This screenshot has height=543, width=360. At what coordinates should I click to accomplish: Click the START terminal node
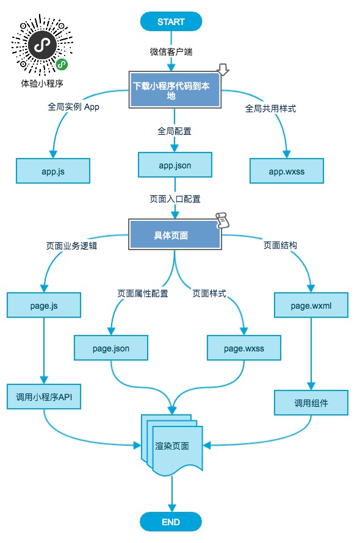click(x=171, y=22)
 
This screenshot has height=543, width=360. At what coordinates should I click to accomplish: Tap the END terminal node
click(x=171, y=522)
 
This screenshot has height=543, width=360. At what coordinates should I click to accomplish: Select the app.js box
click(x=53, y=171)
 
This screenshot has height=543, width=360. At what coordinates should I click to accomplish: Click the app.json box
click(x=175, y=165)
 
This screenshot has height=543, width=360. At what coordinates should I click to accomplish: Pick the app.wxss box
click(x=286, y=171)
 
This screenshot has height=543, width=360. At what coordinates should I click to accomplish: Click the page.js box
click(x=44, y=305)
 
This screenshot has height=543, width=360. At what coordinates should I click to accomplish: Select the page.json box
click(x=110, y=348)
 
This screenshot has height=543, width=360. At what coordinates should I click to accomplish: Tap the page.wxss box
click(x=243, y=348)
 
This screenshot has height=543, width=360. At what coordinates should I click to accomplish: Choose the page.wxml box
click(x=311, y=305)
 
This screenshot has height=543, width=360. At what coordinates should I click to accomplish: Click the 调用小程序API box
click(x=44, y=397)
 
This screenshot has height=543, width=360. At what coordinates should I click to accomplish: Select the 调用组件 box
click(x=311, y=403)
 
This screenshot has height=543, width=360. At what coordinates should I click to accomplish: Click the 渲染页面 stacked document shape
click(x=172, y=445)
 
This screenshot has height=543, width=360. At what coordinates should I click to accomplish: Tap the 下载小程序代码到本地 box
click(x=175, y=91)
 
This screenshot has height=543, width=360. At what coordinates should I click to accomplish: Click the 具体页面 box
click(x=175, y=234)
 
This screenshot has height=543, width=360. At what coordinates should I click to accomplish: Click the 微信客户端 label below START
click(x=171, y=52)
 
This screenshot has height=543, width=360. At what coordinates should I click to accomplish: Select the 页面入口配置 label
click(x=175, y=199)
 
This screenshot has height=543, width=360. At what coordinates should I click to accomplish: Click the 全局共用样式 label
click(x=271, y=109)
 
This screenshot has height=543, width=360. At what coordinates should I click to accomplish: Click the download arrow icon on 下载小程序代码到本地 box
click(x=223, y=71)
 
